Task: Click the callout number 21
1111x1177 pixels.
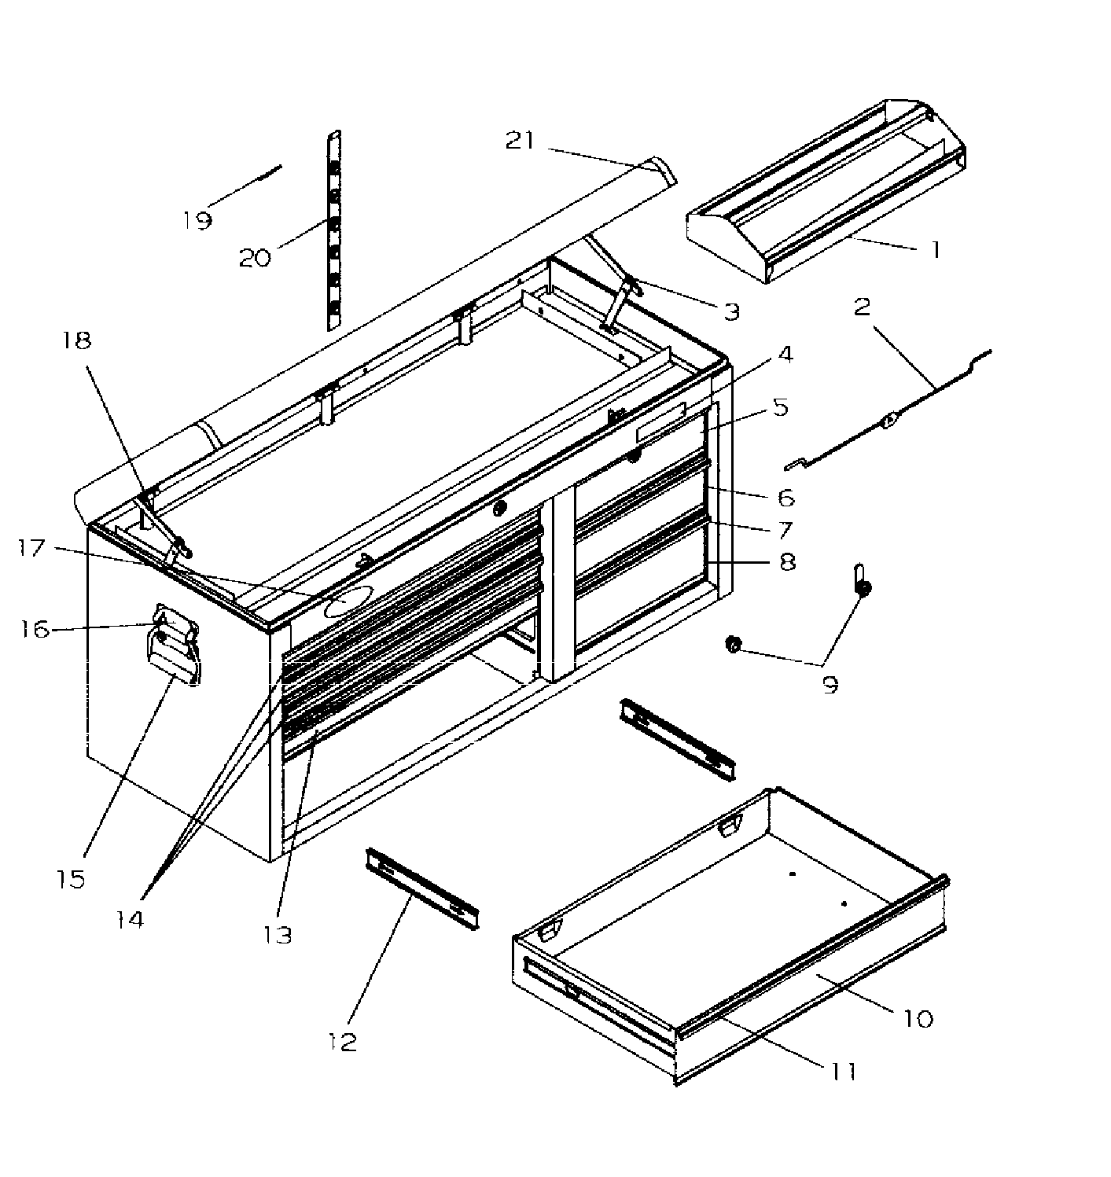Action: [x=520, y=142]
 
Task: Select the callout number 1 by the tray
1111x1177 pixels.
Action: [x=935, y=250]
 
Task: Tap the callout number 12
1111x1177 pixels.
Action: [x=344, y=1042]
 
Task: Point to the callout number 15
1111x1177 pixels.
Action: [x=72, y=878]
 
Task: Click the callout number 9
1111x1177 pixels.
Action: [x=830, y=683]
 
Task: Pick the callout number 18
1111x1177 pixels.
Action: [x=78, y=340]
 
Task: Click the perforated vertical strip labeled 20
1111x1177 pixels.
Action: [x=335, y=232]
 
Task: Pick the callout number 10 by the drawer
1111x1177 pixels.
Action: [x=918, y=1018]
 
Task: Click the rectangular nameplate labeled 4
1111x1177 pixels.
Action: [x=660, y=424]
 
